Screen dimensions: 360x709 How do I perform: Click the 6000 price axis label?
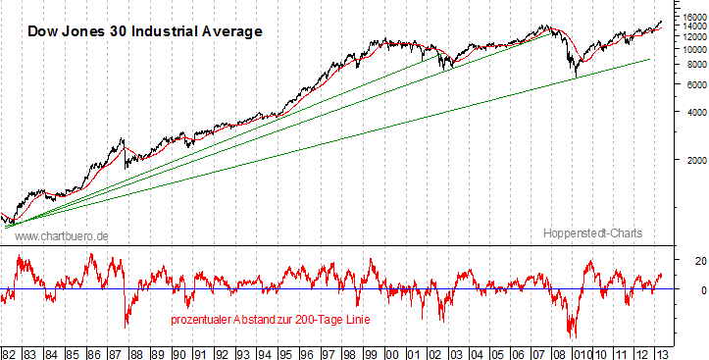(694, 84)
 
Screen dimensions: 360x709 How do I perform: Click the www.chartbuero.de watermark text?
(62, 236)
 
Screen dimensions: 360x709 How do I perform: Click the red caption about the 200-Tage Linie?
(265, 320)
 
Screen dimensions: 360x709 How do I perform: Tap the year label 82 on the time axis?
(9, 352)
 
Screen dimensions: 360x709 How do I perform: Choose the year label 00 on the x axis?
(391, 352)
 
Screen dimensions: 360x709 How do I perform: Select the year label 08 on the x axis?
(561, 352)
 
